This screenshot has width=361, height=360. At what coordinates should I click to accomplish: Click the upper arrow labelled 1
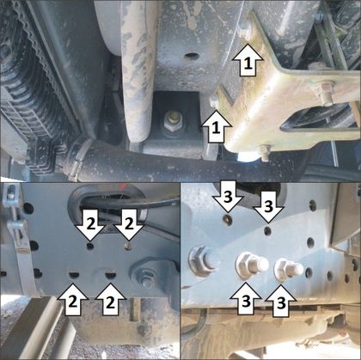pos(248,60)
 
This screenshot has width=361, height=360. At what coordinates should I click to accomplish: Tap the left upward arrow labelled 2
pos(73,300)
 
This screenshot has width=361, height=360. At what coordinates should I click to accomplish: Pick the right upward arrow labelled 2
pos(110,300)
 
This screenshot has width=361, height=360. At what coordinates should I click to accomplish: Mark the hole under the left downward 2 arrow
pos(90,246)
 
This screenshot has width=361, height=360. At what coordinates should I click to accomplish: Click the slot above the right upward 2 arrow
pos(110,275)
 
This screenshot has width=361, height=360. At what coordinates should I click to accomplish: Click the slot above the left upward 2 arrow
pos(74,275)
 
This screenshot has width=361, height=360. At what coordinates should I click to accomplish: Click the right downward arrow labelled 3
pos(268,207)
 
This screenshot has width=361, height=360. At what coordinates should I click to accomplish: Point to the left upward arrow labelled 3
pos(246,299)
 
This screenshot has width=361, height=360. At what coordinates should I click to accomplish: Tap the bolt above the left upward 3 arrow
pos(251,265)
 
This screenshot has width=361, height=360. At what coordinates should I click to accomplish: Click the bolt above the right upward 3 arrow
pos(288,269)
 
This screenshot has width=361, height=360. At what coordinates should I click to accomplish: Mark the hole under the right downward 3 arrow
pos(268,230)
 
